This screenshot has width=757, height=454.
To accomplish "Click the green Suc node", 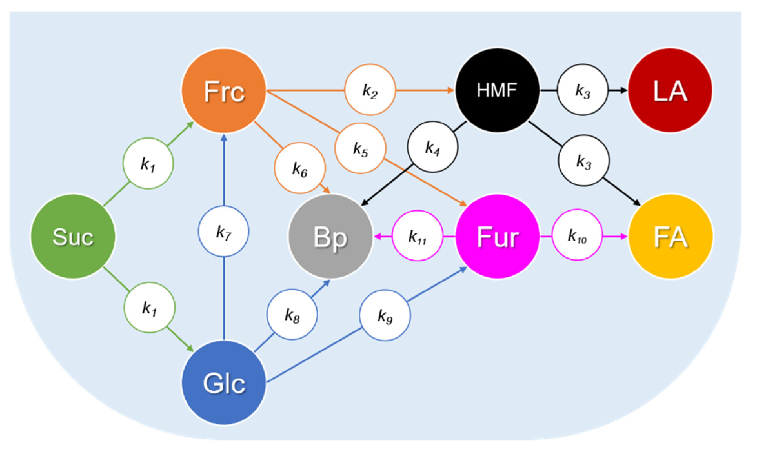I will (73, 236).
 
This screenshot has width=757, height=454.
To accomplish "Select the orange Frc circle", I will (224, 91).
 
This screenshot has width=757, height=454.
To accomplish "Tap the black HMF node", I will (497, 90).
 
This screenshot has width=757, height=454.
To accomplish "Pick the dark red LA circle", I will (670, 90).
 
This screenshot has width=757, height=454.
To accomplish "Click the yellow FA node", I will (670, 237).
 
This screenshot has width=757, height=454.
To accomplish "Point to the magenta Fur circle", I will (497, 236).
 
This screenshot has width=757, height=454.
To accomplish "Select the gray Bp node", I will (330, 236).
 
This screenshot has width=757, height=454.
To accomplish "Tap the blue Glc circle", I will (224, 383).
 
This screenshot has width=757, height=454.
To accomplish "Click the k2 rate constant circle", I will (370, 90).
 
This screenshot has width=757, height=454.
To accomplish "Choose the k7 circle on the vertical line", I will (224, 232).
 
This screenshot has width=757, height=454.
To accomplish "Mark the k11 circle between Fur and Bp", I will (417, 236).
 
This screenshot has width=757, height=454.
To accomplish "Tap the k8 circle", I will (292, 314).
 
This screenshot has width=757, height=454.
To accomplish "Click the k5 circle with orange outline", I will (360, 148).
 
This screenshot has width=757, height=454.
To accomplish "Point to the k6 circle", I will (300, 168).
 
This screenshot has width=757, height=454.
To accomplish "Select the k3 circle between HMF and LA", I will (583, 90).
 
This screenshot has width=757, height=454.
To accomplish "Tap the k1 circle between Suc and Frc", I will (148, 163).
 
